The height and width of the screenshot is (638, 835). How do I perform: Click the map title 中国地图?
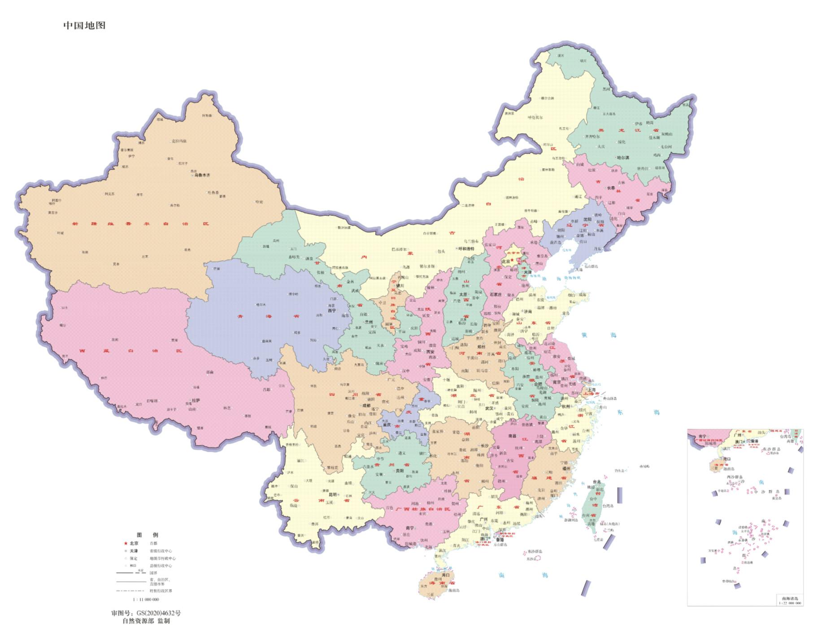(x=84, y=25)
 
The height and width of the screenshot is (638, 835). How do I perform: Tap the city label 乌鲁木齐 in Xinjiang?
(x=202, y=175)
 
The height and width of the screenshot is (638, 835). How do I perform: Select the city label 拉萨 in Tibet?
(x=195, y=400)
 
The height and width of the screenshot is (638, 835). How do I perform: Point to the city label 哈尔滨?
(x=623, y=157)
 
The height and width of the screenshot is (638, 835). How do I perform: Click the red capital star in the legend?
(x=126, y=543)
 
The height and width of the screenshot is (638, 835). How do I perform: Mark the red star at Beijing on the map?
(x=513, y=260)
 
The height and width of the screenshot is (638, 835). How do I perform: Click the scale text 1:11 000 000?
(x=146, y=599)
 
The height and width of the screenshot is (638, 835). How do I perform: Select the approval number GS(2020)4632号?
(x=146, y=613)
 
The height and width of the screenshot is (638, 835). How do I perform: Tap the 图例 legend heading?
(x=147, y=535)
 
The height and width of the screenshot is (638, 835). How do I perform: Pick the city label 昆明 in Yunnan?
(x=332, y=495)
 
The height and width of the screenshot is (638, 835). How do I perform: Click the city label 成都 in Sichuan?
(x=366, y=405)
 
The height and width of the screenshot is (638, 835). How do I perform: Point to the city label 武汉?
(x=489, y=408)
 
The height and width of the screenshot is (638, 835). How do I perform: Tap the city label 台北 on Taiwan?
(x=596, y=481)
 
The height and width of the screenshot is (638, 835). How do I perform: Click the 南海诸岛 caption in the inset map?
(x=790, y=599)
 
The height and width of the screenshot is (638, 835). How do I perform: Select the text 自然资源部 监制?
(x=146, y=621)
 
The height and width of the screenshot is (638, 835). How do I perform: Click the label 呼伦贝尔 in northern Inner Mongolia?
(x=535, y=118)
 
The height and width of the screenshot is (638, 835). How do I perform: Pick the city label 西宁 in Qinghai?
(x=331, y=310)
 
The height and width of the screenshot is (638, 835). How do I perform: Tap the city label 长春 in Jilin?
(x=611, y=188)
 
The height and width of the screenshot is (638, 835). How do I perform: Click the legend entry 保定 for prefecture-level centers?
(x=134, y=559)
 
